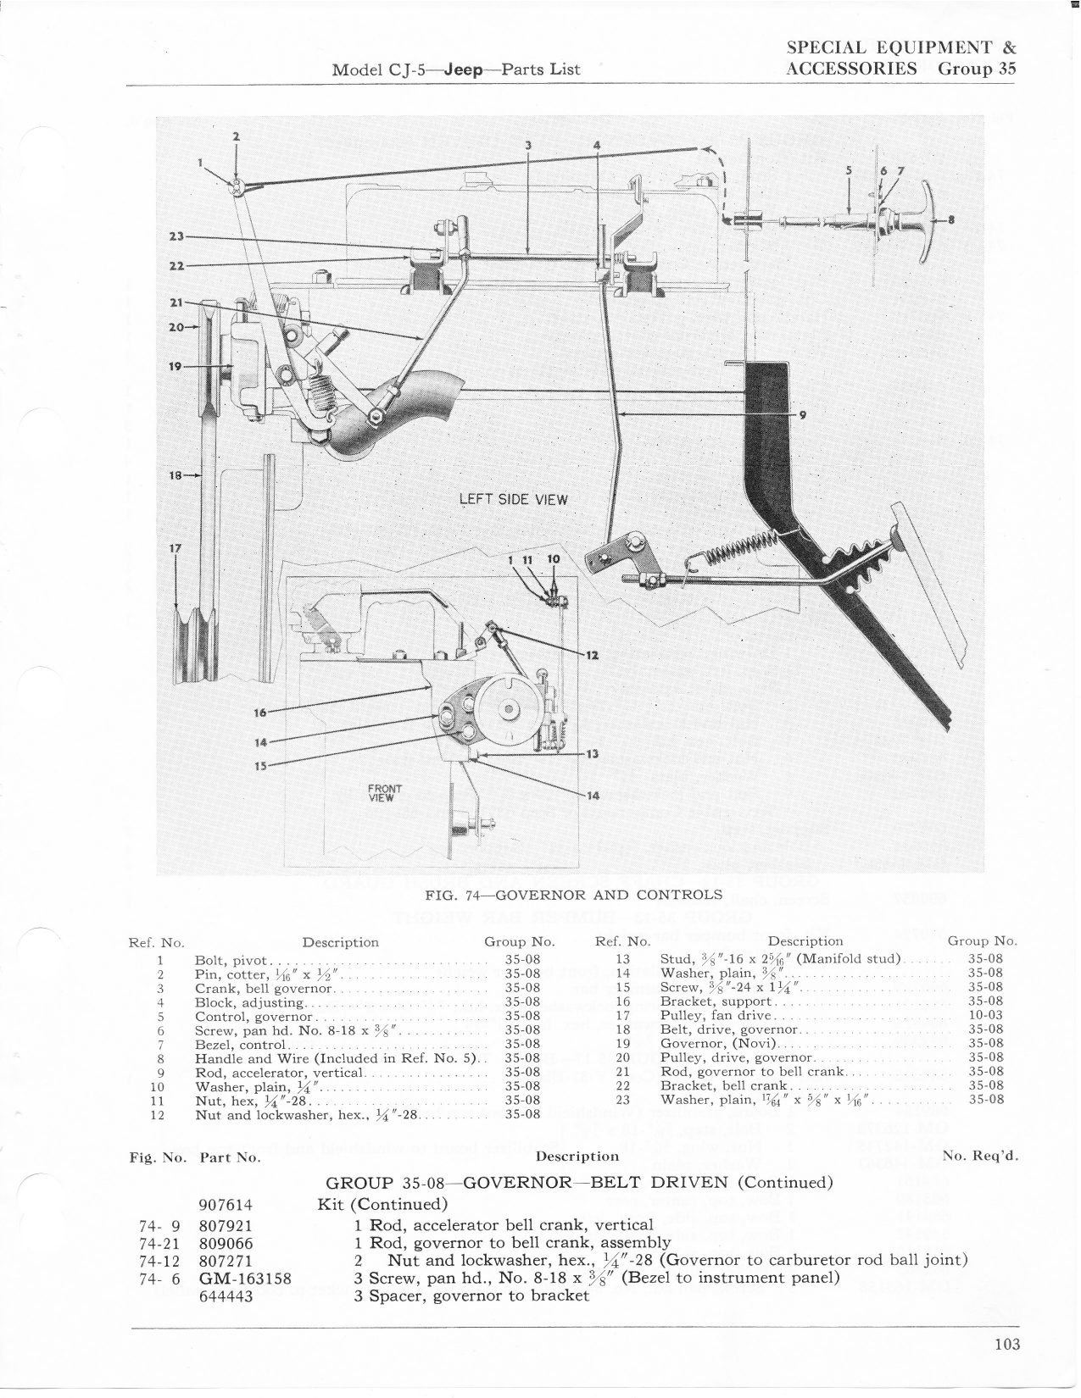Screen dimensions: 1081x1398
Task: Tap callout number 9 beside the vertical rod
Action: tap(801, 415)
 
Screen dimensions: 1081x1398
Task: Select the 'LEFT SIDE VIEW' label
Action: tap(514, 499)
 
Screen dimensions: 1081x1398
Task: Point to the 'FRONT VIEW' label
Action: tap(384, 792)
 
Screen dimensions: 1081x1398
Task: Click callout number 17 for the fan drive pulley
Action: tap(176, 548)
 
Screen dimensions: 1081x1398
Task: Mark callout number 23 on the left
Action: tap(176, 236)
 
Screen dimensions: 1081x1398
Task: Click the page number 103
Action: tap(1007, 1344)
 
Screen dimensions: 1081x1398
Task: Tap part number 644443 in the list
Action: tap(226, 1295)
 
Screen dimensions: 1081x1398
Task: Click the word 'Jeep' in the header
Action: tap(465, 69)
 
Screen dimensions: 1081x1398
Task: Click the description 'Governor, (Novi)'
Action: tap(718, 1044)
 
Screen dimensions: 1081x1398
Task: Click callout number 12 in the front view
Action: tap(592, 656)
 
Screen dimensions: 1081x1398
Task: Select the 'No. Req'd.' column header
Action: tap(981, 1156)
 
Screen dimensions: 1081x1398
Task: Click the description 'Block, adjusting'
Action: tap(248, 1002)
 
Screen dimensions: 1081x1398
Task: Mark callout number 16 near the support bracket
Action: tap(260, 713)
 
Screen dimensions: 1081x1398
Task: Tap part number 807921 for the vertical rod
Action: tap(226, 1226)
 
